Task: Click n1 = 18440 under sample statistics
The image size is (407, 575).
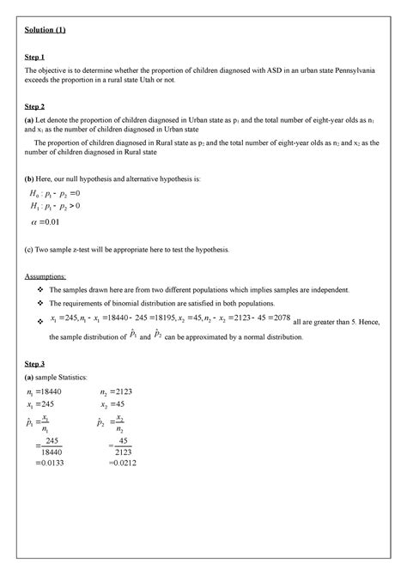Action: tap(50, 391)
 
